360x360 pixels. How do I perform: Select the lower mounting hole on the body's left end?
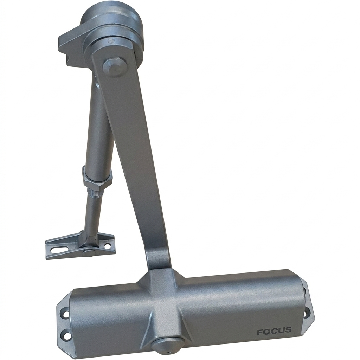(x=66, y=332)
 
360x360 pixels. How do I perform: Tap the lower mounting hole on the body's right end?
(x=307, y=313)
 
